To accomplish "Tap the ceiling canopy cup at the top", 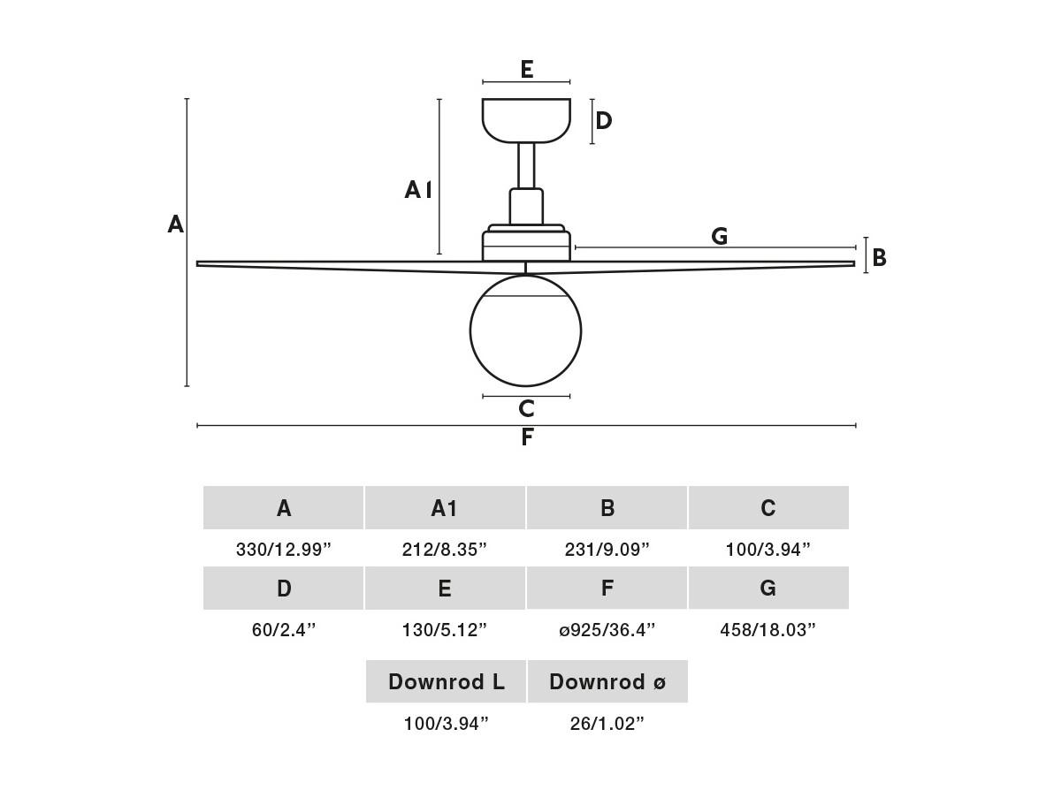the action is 526,121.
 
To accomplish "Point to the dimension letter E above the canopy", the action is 527,69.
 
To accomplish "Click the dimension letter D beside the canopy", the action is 604,121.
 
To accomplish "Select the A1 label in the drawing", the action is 418,190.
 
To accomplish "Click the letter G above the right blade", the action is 719,236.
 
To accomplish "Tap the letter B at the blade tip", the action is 879,257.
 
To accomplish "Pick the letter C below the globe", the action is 527,408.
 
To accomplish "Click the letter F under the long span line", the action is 528,437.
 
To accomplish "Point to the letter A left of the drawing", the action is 175,224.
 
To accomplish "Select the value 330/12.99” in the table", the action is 284,550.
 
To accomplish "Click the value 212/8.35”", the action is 444,550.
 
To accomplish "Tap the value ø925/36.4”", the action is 607,630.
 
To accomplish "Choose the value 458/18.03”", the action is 768,630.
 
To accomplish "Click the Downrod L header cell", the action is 446,682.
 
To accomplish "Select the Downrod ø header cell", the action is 607,682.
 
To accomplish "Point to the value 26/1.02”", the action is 607,724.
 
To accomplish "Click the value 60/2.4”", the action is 284,630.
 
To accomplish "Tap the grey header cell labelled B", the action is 607,508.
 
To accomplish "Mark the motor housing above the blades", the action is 526,243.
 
